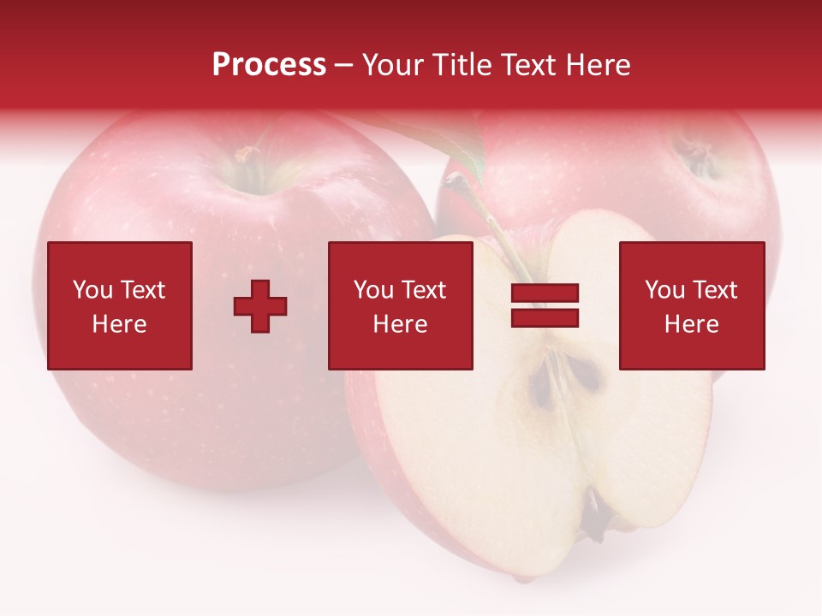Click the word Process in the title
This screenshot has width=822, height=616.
pos(269,65)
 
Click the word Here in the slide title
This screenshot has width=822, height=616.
pos(600,65)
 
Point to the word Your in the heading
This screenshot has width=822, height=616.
pos(390,65)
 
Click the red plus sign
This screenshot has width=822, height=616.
pos(260,306)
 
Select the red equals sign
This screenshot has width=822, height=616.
pos(545,305)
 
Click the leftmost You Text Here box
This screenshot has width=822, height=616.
pos(120,305)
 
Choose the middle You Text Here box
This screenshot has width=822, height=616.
pos(401,305)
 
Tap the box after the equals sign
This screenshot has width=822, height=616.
pos(692,305)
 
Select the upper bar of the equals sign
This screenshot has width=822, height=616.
pos(545,293)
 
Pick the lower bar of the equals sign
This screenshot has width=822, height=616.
pos(545,317)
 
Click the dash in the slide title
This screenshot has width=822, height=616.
pos(343,65)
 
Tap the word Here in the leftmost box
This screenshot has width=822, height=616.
pos(120,324)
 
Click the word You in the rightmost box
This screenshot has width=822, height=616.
pos(664,290)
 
